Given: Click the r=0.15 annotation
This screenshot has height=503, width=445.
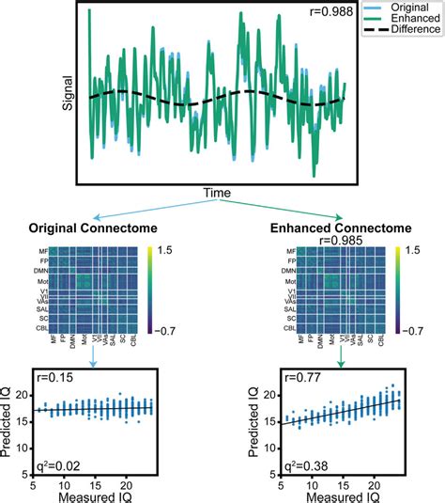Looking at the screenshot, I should [x=52, y=377].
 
